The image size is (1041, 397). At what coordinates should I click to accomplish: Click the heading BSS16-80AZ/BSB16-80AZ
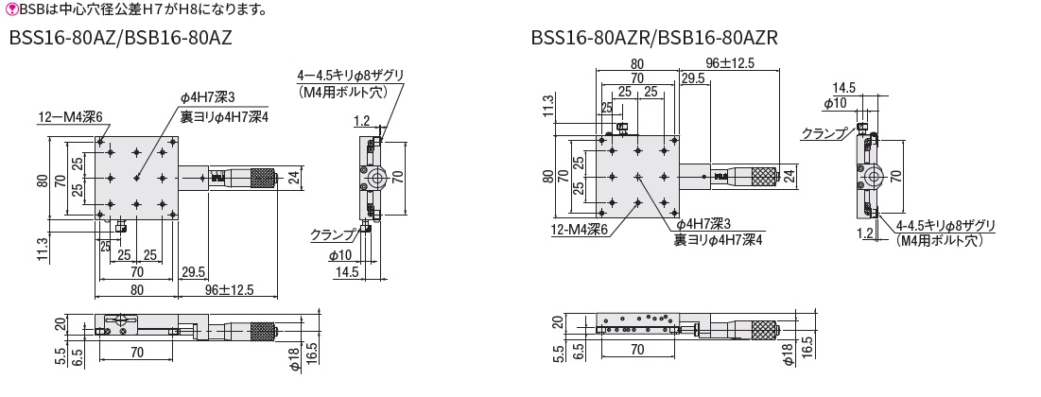tap(120, 38)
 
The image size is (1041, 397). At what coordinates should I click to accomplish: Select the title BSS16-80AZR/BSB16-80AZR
tap(654, 38)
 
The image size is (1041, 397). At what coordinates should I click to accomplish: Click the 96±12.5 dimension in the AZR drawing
tap(730, 63)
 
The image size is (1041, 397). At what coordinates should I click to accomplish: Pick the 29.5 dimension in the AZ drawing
tap(193, 271)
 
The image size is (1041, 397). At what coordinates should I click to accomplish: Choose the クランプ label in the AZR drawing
tap(824, 132)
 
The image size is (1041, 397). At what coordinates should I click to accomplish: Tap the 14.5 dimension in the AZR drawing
tap(843, 87)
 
